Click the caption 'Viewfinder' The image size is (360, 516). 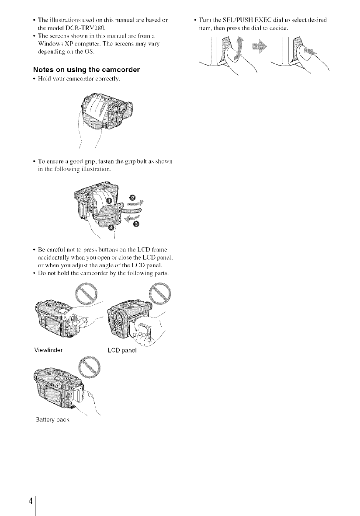[48, 349]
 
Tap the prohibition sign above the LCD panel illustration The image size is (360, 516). [161, 290]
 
